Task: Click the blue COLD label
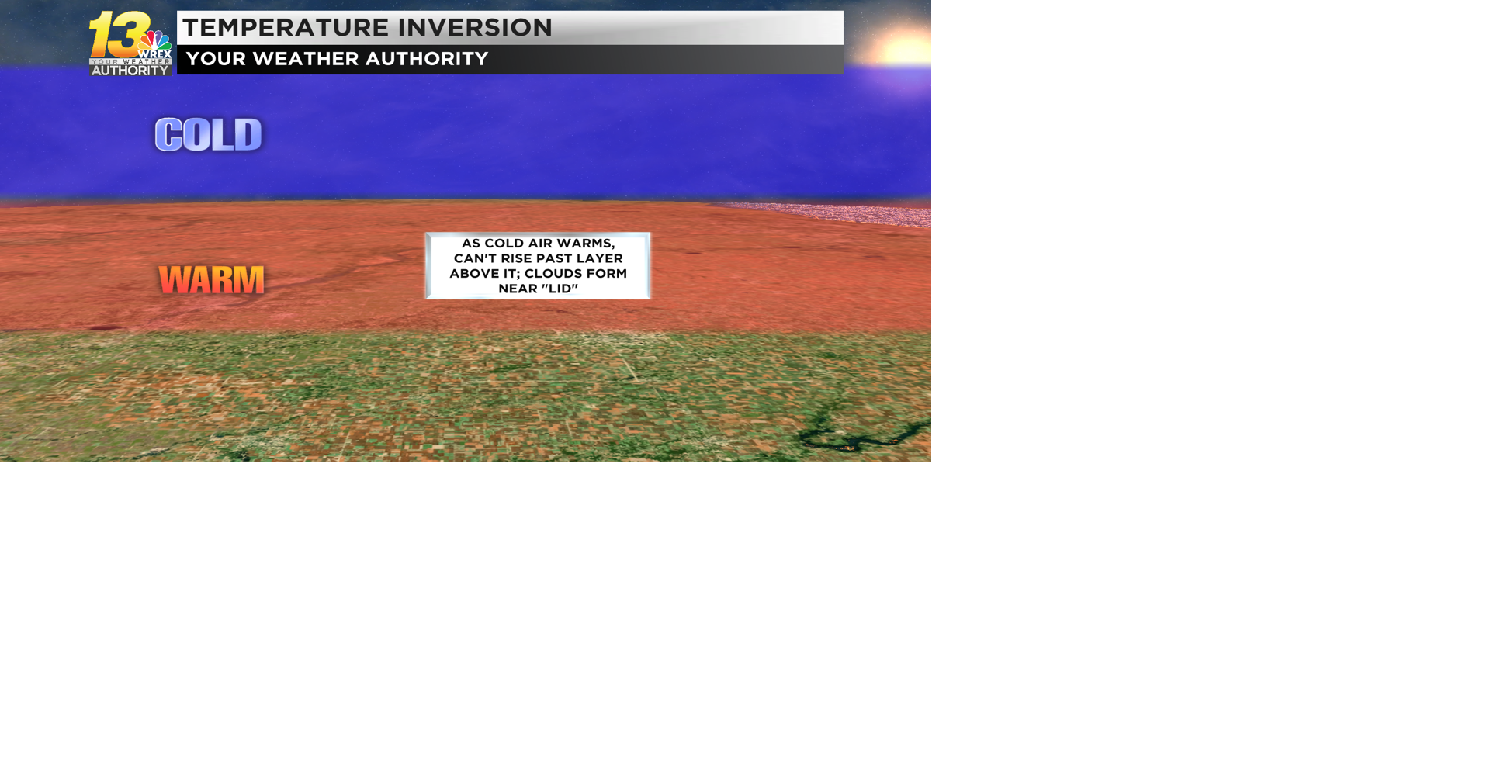(209, 135)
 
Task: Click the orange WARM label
(211, 280)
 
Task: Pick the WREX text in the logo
(155, 54)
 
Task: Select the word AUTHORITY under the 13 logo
(130, 71)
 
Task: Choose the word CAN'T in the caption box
(475, 258)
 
